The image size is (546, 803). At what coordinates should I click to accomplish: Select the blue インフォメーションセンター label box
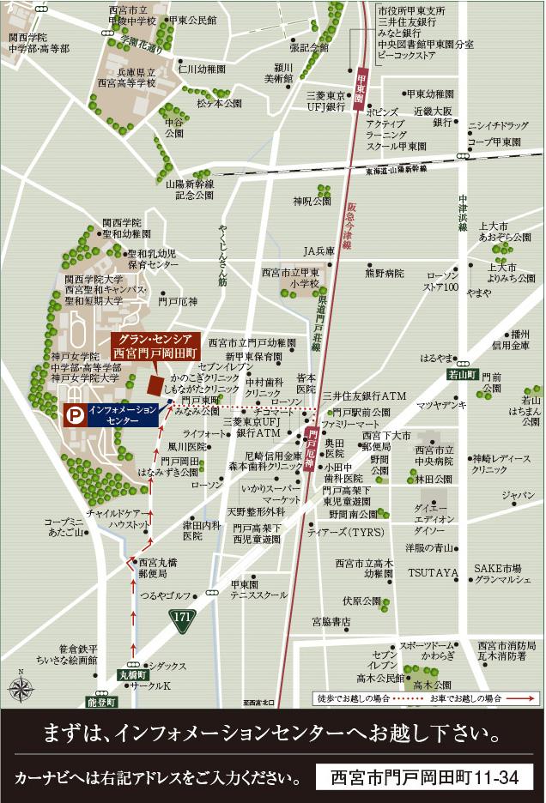(x=123, y=416)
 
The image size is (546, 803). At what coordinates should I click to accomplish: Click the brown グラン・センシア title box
(x=155, y=346)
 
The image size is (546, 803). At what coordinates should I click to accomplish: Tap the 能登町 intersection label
(x=100, y=701)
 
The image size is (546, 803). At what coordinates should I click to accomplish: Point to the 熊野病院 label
(x=384, y=274)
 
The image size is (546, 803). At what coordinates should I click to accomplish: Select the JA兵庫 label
(x=318, y=251)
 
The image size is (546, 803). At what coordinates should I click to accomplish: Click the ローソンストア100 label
(x=442, y=281)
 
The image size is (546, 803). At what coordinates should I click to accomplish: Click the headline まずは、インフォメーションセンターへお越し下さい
(x=272, y=735)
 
